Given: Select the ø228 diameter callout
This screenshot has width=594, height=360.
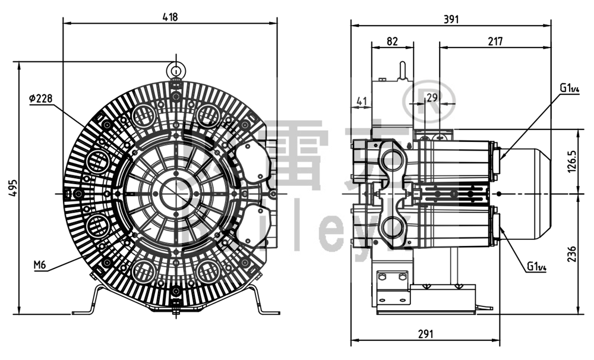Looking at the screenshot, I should [x=40, y=99].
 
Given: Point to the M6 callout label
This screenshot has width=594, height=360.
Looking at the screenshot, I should [x=40, y=265].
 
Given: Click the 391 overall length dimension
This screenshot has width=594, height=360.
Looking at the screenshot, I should [x=451, y=19].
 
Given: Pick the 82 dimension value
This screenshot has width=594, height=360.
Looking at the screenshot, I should [x=392, y=41].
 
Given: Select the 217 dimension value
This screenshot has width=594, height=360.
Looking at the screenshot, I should [x=495, y=41].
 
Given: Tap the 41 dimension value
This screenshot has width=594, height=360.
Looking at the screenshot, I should [x=361, y=102].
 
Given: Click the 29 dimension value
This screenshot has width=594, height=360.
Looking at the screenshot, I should [x=432, y=97].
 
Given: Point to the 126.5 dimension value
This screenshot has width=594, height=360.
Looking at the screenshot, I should [x=572, y=160].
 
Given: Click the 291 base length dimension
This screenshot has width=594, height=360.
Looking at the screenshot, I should [x=425, y=334].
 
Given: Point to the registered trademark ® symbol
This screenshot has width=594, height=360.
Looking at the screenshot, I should [x=429, y=99].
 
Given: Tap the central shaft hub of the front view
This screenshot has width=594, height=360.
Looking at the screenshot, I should [x=176, y=193].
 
